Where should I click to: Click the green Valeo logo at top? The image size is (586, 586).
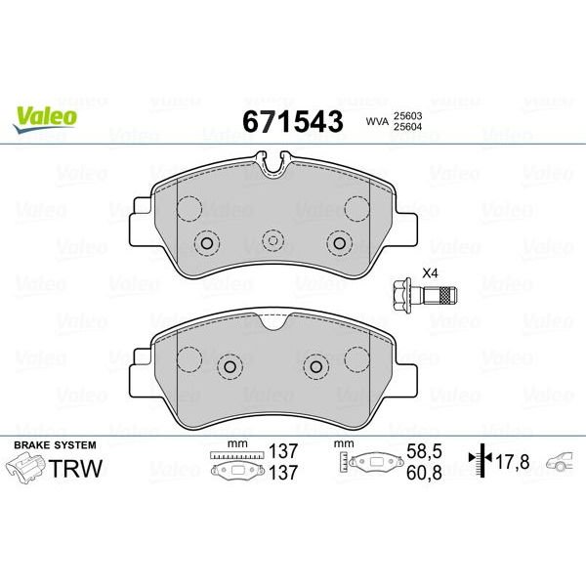coord(45,114)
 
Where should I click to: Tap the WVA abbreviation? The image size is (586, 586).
coord(375,122)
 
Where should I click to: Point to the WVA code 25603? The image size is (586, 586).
coord(408,114)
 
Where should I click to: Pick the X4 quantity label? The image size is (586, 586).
coord(430,273)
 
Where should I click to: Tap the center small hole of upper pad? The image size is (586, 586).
coord(273,240)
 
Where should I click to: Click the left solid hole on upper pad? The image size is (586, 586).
coord(207,243)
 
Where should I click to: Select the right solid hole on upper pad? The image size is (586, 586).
coord(340,243)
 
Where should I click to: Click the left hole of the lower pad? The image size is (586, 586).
coord(230,366)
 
